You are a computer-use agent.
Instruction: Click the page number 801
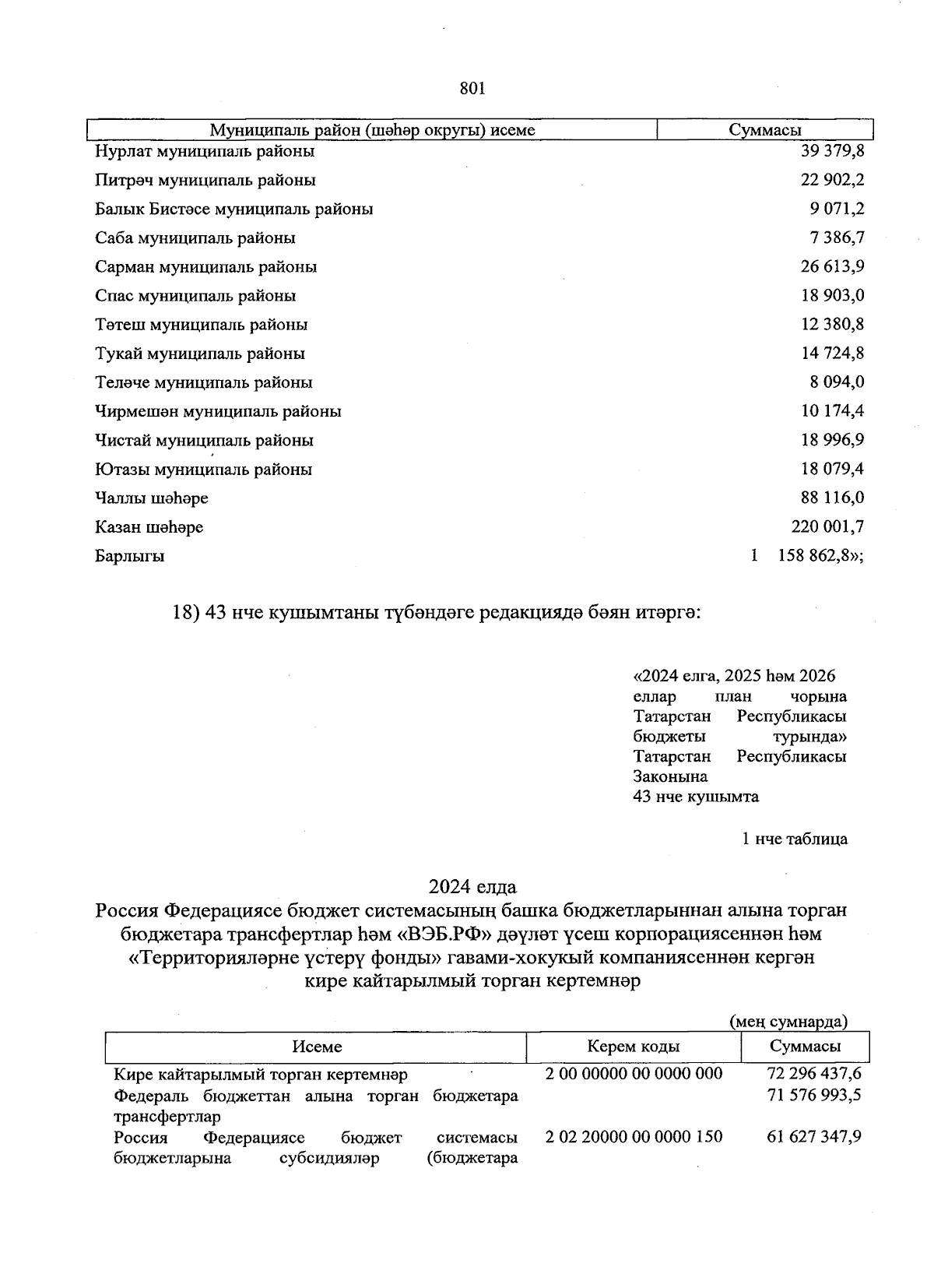(x=472, y=89)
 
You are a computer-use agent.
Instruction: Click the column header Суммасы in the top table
(x=764, y=130)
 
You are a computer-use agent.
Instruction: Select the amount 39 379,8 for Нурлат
(x=832, y=151)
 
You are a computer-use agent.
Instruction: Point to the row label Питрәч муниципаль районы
(x=205, y=180)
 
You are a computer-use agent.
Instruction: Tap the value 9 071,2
(x=836, y=209)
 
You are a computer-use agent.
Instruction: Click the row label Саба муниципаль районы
(x=195, y=238)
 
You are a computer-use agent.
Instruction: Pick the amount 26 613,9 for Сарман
(x=832, y=266)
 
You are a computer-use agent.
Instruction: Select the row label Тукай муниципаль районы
(x=200, y=354)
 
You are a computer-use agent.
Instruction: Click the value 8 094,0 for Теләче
(x=837, y=382)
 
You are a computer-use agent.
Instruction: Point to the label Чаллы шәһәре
(x=152, y=498)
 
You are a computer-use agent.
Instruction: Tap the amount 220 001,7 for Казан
(x=827, y=527)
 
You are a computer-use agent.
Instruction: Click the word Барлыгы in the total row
(x=130, y=556)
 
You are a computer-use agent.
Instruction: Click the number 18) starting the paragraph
(x=185, y=613)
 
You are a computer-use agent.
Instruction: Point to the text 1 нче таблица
(x=795, y=839)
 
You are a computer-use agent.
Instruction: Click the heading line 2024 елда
(x=472, y=886)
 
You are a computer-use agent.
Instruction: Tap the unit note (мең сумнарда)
(x=788, y=1021)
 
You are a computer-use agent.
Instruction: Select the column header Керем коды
(x=633, y=1047)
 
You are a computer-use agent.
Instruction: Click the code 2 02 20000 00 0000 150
(x=634, y=1137)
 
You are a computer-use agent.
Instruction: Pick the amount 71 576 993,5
(x=813, y=1096)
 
